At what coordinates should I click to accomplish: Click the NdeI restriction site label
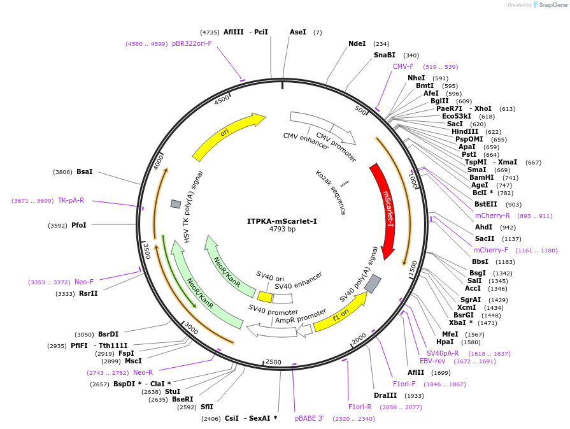pyautogui.click(x=357, y=44)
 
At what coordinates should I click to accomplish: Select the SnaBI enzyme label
pyautogui.click(x=384, y=55)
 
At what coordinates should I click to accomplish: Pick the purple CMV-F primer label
pyautogui.click(x=403, y=66)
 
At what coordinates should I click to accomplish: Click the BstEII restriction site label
pyautogui.click(x=486, y=205)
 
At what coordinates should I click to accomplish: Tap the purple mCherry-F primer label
pyautogui.click(x=491, y=250)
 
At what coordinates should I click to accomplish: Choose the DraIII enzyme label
pyautogui.click(x=385, y=395)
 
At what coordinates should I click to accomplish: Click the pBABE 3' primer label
pyautogui.click(x=309, y=418)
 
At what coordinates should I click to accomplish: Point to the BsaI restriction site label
pyautogui.click(x=84, y=171)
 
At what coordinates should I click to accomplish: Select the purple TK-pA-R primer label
pyautogui.click(x=71, y=200)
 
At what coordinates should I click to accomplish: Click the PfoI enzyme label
pyautogui.click(x=78, y=225)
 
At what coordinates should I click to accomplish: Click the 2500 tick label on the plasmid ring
pyautogui.click(x=273, y=362)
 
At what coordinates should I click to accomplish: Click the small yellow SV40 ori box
pyautogui.click(x=265, y=296)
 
